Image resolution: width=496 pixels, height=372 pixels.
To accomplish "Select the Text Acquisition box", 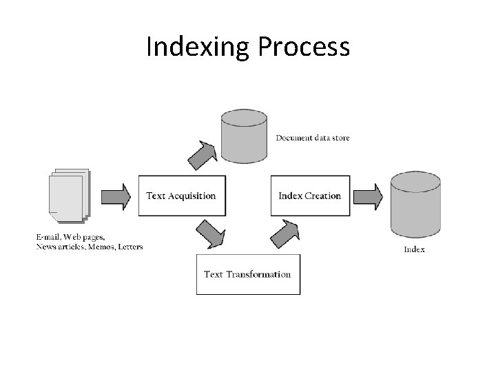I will pos(181,196).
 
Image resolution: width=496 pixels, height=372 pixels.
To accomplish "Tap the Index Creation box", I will pos(310,196).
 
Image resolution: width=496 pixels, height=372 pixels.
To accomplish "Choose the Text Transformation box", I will pos(248,274).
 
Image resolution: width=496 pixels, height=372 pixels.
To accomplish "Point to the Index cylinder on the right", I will pos(415,205).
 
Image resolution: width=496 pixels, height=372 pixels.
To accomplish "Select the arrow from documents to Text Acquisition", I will pos(116,196).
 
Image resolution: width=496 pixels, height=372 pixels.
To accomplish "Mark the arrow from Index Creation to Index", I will pos(369,196).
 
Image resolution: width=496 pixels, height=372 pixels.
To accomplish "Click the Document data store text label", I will pos(313,138).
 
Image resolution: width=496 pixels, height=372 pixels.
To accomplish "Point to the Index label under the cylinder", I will pos(414,249).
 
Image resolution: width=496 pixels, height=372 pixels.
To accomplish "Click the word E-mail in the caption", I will pos(50,238).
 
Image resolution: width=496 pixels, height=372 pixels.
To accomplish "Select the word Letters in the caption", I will pos(129,247).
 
